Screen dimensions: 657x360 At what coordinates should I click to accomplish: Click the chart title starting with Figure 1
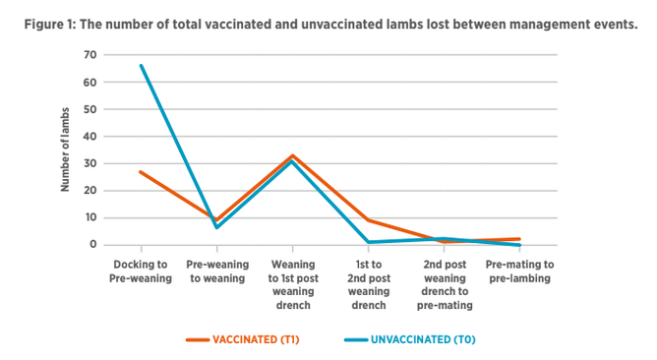click(x=330, y=25)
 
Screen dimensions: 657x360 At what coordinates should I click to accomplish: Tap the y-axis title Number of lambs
click(x=65, y=150)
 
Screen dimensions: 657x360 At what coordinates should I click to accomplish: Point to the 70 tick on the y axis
click(x=90, y=55)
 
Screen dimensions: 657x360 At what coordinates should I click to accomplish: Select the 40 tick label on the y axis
click(x=90, y=136)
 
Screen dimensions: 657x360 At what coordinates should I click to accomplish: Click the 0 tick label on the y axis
click(x=93, y=244)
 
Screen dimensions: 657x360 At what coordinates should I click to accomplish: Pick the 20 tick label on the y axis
click(x=90, y=190)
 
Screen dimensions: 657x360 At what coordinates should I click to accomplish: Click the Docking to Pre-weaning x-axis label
click(x=141, y=271)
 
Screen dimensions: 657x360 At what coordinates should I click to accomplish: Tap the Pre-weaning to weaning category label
click(x=217, y=271)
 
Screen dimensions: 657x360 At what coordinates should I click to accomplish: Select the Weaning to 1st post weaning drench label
click(x=293, y=285)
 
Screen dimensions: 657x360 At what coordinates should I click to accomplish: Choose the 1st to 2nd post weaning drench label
click(x=369, y=285)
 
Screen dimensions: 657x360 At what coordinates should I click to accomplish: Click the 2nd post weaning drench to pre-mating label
click(x=445, y=285)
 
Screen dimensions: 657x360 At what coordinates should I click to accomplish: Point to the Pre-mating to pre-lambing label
click(x=519, y=271)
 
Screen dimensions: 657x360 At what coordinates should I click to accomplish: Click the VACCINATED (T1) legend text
click(x=256, y=339)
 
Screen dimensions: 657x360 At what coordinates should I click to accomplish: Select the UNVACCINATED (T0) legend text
click(x=423, y=339)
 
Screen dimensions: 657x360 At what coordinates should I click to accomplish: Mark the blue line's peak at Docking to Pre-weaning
click(x=142, y=66)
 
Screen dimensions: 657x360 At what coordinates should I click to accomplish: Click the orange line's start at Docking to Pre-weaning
click(x=142, y=172)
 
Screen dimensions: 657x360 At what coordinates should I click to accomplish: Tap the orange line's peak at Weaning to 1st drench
click(x=293, y=155)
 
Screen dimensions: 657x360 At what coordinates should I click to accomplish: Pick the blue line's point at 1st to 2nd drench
click(x=369, y=242)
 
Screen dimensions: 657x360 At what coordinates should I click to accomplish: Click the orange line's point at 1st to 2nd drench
click(x=369, y=220)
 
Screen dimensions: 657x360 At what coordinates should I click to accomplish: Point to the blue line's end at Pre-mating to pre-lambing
click(x=519, y=245)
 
